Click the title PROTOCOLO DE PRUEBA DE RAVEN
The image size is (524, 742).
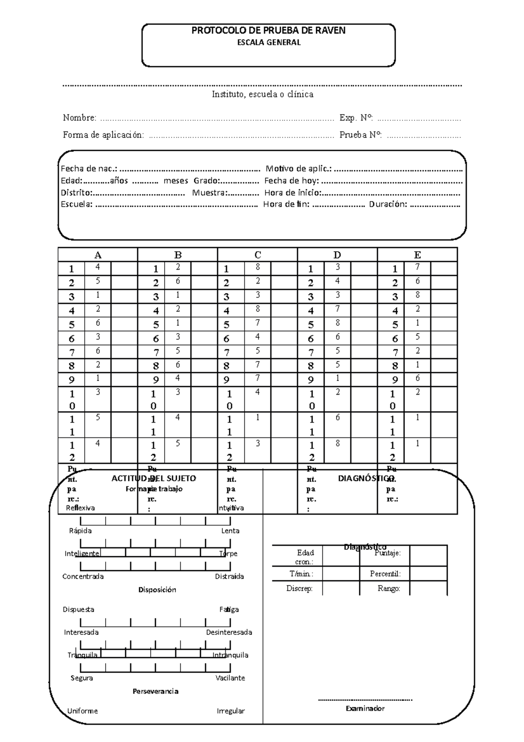(x=269, y=30)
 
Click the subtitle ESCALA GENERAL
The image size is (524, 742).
(x=269, y=43)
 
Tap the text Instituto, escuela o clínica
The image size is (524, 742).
(x=262, y=94)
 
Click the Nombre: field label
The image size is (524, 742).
(x=79, y=118)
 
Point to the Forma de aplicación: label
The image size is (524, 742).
(x=103, y=135)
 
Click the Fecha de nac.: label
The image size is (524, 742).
(x=89, y=169)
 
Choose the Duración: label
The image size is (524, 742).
(x=388, y=204)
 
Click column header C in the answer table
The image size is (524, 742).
(x=258, y=255)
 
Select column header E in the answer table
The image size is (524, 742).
(x=417, y=255)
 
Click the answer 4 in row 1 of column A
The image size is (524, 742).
(x=98, y=267)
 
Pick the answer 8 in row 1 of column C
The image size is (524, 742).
(x=258, y=267)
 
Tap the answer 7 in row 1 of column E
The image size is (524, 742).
(x=417, y=267)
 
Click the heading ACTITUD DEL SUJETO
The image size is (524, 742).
(x=154, y=478)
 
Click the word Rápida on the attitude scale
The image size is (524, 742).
(x=80, y=530)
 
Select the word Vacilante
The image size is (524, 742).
(x=230, y=678)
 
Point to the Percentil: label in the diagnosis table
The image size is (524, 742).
(x=385, y=574)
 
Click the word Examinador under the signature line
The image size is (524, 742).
(x=365, y=708)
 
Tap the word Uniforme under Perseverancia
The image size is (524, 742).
(x=83, y=711)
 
